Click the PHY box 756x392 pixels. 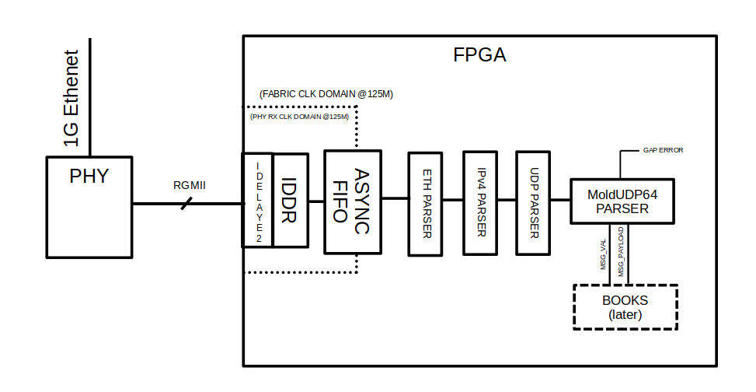tap(89, 206)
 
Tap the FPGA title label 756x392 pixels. tap(479, 56)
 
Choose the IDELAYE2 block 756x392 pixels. tap(258, 199)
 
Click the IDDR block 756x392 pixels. tap(289, 199)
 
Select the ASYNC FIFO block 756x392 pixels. tap(353, 201)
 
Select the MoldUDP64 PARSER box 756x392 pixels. tap(621, 200)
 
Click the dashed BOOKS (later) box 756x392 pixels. tap(625, 307)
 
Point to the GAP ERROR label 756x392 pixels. tap(663, 149)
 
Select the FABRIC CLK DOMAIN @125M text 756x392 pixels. tap(326, 94)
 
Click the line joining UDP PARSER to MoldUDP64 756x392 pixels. tap(562, 200)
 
